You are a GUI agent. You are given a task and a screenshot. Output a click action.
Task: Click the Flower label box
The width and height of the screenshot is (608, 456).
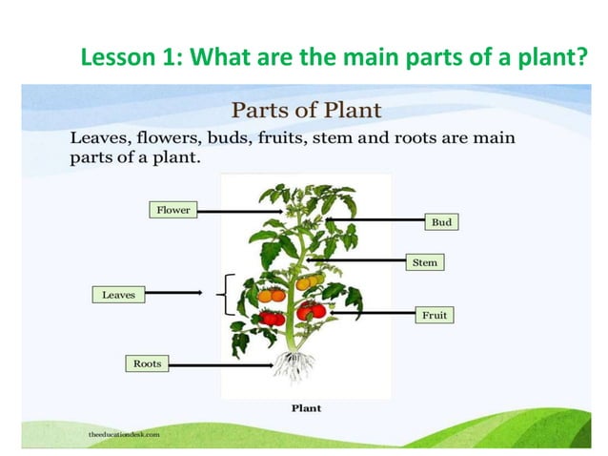173,210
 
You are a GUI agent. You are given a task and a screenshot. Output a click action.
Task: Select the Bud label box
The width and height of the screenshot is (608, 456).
441,221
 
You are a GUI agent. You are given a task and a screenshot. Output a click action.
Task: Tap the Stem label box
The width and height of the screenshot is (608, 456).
424,262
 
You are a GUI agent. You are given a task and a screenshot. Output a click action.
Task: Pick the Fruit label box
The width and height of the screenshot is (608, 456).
434,314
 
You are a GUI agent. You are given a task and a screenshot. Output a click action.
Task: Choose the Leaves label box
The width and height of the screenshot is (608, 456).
118,295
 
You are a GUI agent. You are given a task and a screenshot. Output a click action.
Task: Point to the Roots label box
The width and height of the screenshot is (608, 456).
147,363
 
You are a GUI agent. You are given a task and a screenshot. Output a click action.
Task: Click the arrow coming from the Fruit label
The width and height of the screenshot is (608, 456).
367,313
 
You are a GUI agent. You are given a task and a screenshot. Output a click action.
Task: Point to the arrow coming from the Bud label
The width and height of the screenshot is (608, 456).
376,220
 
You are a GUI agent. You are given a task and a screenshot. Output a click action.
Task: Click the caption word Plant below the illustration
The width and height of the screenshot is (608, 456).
305,408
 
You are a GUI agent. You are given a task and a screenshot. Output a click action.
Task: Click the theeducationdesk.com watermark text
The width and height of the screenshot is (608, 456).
124,433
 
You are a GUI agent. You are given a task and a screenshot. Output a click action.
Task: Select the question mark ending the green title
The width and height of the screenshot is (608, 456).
580,58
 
